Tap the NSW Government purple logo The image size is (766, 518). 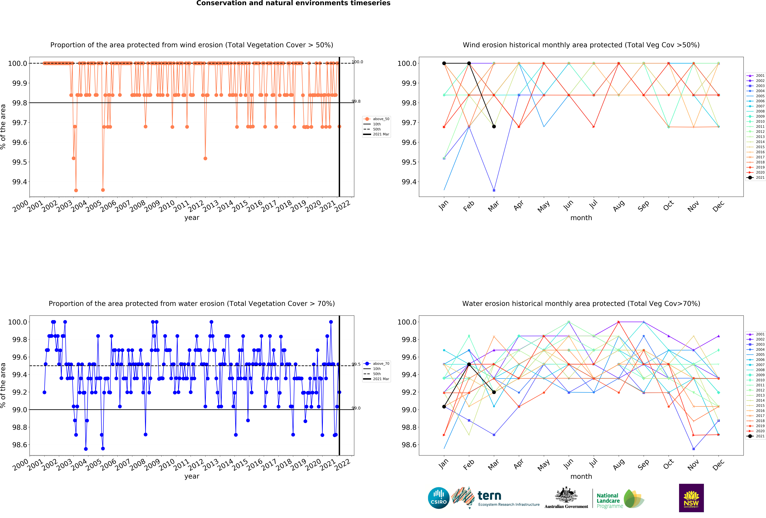point(691,498)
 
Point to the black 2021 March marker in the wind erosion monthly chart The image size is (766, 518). point(494,127)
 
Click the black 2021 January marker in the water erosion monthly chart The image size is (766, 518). point(444,407)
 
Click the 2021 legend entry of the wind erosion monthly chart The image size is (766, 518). point(755,177)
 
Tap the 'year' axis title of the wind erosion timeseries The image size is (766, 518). point(192,218)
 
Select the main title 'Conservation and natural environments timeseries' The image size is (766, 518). point(293,3)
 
